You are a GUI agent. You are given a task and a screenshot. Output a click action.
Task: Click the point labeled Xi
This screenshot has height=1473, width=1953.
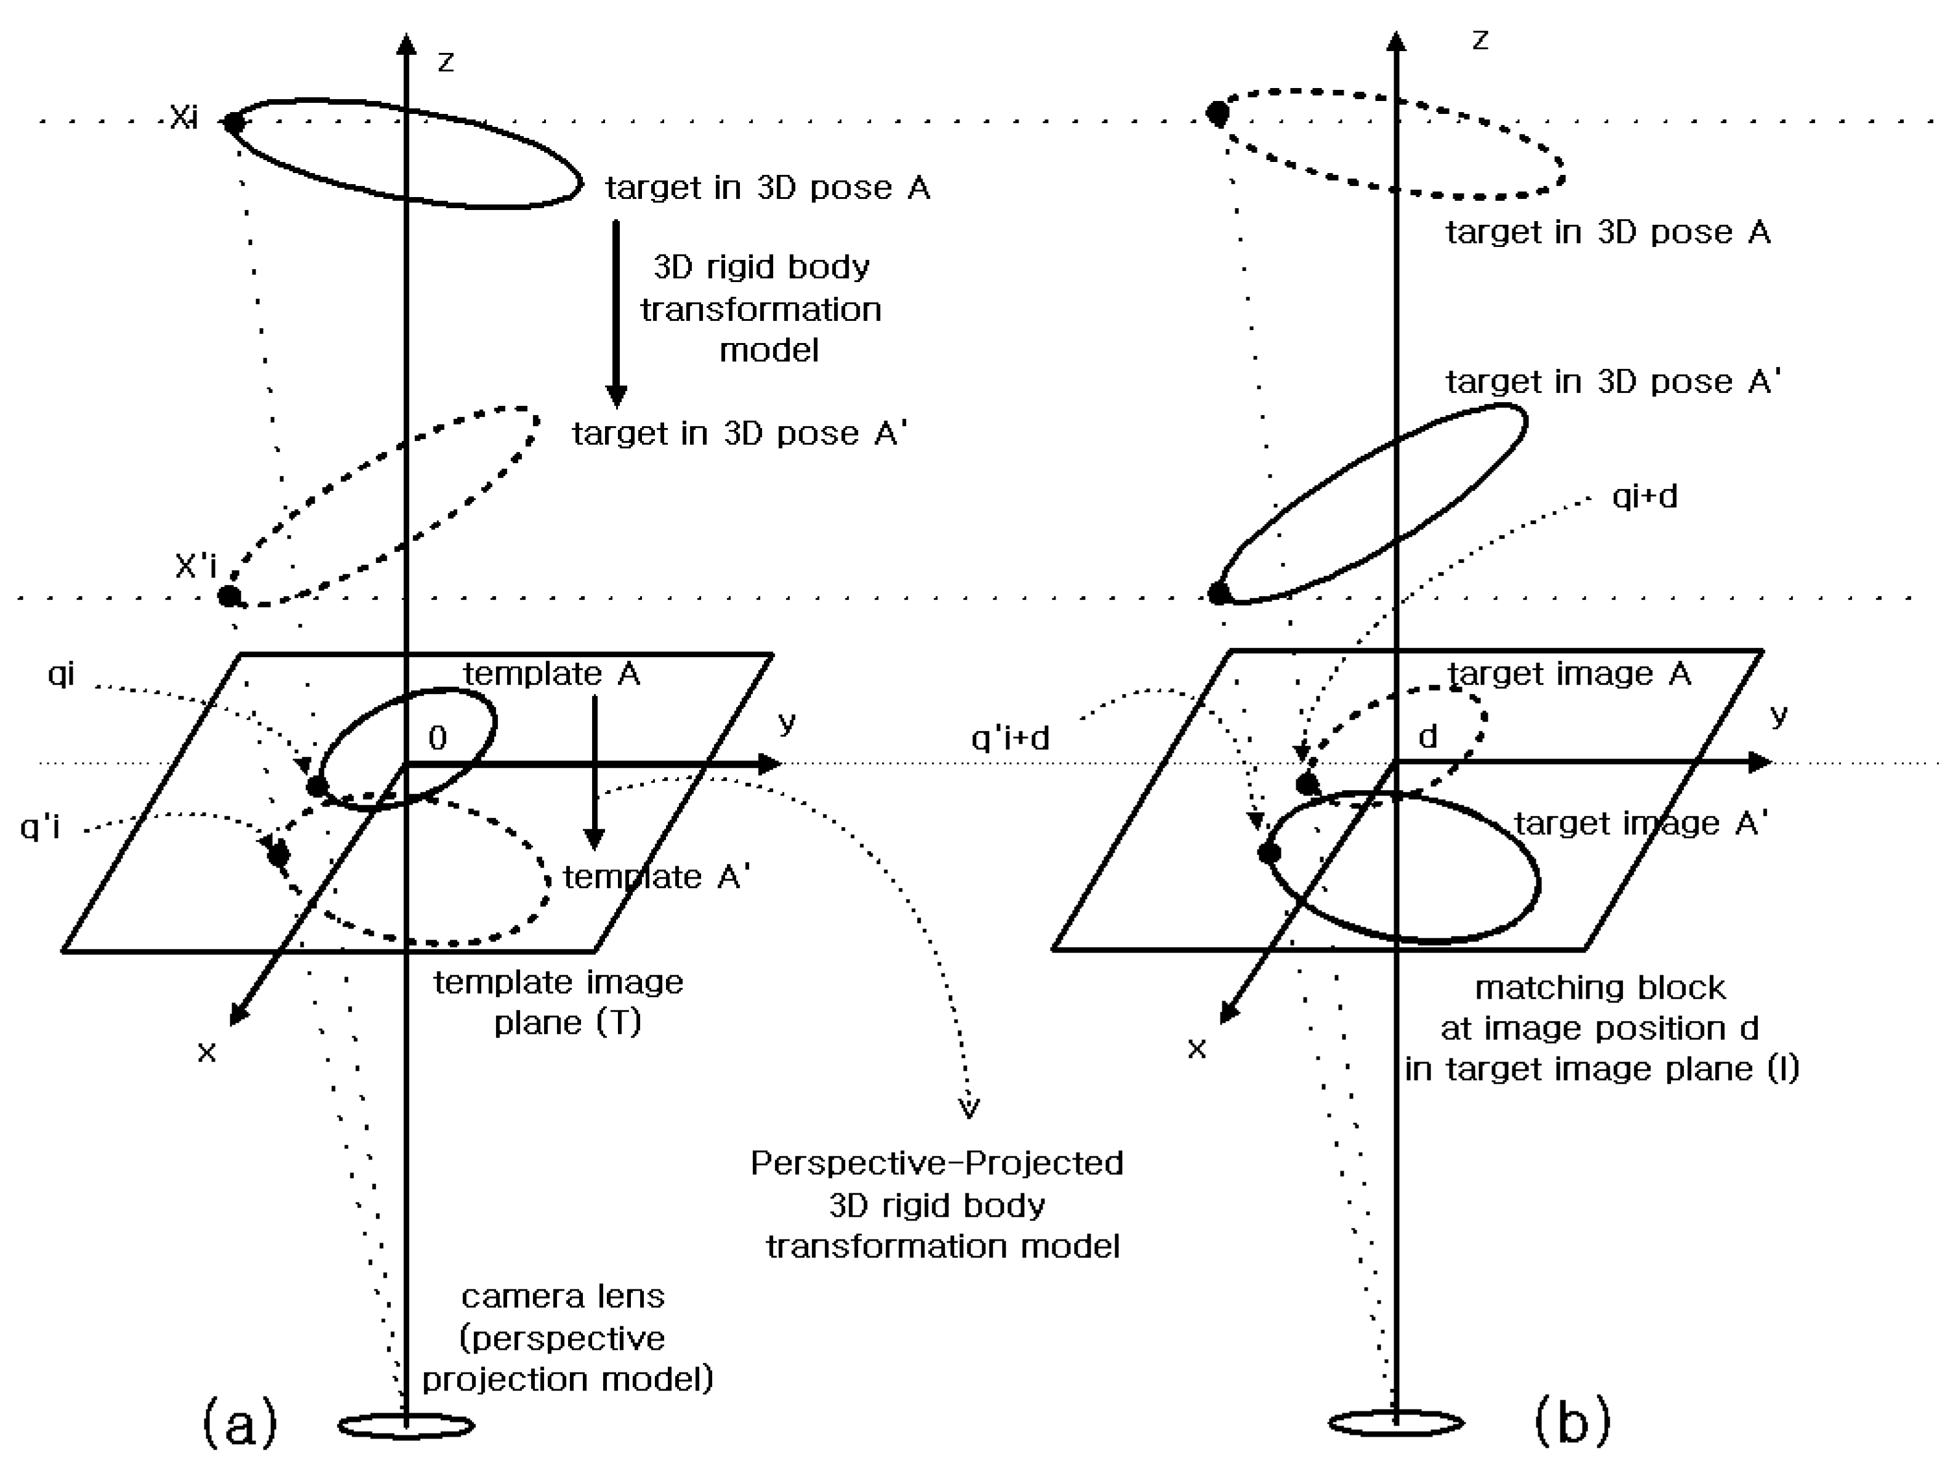(x=233, y=122)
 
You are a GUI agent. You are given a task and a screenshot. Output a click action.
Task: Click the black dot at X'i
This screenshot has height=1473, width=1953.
(x=229, y=596)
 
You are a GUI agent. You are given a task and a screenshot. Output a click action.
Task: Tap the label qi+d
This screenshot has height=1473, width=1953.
(x=1644, y=496)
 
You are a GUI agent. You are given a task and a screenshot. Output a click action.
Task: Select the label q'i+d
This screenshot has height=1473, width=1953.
(x=1010, y=737)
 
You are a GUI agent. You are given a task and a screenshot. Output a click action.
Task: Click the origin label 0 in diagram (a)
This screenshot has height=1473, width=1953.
(x=437, y=737)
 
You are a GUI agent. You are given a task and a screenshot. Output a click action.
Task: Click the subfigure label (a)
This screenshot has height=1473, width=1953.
(x=239, y=1422)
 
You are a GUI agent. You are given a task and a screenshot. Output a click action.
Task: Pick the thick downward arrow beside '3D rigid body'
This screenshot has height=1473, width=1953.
(x=616, y=313)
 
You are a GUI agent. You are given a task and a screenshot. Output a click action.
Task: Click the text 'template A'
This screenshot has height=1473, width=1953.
(x=552, y=674)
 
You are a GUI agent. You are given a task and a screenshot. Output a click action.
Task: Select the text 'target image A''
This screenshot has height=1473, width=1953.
(x=1640, y=823)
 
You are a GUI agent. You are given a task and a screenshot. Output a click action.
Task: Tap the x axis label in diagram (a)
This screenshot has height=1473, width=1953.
(x=207, y=1052)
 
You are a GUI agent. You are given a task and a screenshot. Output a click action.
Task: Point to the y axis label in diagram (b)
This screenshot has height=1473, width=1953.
(x=1778, y=716)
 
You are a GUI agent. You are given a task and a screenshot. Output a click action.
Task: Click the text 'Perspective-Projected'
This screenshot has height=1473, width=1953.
(x=937, y=1163)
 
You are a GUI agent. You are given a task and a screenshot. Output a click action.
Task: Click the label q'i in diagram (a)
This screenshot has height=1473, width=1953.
(x=40, y=826)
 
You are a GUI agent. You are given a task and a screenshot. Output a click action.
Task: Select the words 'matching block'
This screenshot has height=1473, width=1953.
(x=1600, y=987)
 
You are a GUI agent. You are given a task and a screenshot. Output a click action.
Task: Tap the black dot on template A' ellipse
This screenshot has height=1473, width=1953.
(x=278, y=854)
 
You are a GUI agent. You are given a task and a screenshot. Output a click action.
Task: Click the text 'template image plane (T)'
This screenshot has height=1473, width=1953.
(x=559, y=1003)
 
